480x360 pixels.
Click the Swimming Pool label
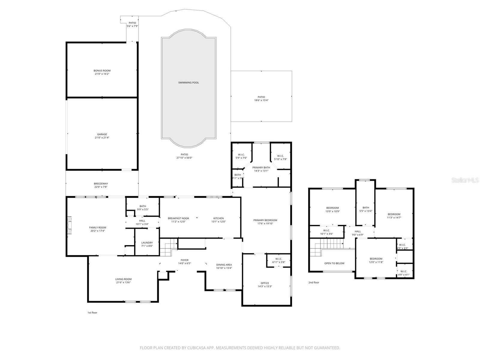(x=188, y=82)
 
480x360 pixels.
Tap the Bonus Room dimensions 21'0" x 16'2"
(x=102, y=74)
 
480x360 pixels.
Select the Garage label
(x=102, y=134)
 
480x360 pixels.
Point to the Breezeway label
(x=101, y=184)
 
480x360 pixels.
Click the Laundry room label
(x=147, y=243)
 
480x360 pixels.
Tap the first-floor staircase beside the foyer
(x=167, y=247)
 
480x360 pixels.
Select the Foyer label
(x=184, y=260)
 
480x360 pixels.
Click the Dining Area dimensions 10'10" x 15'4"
(x=224, y=268)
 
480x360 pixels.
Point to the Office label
(x=265, y=283)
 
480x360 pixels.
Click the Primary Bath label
(x=261, y=167)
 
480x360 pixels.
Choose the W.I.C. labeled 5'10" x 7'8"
(x=280, y=157)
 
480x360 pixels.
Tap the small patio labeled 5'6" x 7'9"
(x=132, y=25)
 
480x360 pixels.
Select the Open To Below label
(x=334, y=263)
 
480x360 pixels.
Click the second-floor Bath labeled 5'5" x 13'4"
(x=366, y=209)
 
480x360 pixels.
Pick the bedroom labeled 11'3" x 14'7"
(x=394, y=216)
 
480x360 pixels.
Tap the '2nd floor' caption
(x=314, y=283)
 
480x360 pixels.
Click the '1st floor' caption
(x=92, y=313)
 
